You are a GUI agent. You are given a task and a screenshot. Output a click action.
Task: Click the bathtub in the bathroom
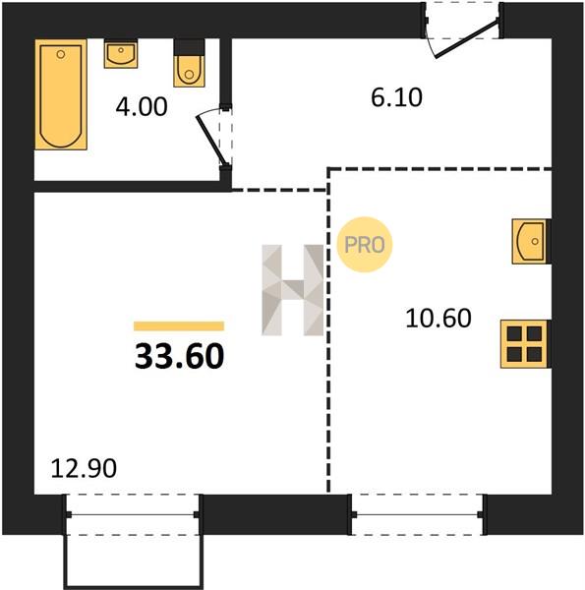coord(61,94)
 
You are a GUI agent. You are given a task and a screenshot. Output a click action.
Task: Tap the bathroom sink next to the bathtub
coord(121,53)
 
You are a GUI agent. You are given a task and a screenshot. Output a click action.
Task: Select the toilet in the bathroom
coord(189,63)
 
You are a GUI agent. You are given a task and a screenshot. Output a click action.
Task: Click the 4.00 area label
coord(142,107)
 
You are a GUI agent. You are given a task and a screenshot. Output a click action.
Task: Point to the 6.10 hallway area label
coord(396,97)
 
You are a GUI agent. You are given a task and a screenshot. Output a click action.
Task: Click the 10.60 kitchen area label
coord(439,319)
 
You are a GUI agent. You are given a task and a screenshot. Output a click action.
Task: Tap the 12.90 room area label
coord(84,469)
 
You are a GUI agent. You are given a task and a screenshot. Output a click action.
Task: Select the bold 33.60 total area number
coord(180,356)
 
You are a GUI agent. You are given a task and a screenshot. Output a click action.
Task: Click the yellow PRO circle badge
coord(365,245)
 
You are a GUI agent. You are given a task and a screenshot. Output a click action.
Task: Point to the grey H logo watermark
coord(293,290)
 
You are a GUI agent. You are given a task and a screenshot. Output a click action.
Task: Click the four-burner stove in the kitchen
coord(524,344)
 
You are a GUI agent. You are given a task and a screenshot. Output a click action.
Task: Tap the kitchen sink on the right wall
coord(530,241)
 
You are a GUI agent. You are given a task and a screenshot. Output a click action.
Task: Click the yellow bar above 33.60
coord(179,325)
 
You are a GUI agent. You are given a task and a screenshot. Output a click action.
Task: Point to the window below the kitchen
coord(417,514)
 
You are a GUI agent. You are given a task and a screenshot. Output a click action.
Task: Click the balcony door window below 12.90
coord(133,514)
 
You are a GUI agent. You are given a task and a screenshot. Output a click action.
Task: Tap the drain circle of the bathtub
coord(61,55)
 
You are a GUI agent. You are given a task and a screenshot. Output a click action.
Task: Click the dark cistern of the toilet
coord(189,47)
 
